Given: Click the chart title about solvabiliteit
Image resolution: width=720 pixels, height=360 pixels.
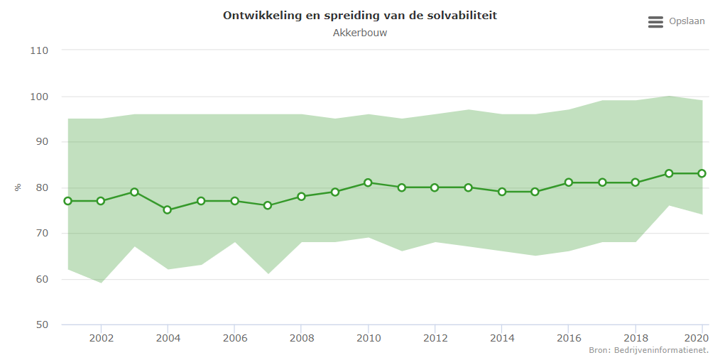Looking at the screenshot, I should click(x=359, y=15).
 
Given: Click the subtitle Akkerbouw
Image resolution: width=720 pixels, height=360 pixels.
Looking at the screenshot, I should click(x=359, y=33).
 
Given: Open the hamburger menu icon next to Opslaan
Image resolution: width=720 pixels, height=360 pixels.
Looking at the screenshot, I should click(x=655, y=22).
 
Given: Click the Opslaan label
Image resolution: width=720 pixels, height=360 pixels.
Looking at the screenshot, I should click(x=687, y=21).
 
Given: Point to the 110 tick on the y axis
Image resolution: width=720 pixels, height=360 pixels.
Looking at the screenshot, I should click(x=39, y=50).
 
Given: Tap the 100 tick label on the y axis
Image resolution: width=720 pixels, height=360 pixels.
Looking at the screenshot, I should click(x=39, y=97).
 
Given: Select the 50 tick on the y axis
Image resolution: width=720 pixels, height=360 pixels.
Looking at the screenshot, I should click(x=42, y=325).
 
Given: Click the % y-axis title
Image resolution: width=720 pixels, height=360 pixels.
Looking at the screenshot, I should click(x=18, y=187).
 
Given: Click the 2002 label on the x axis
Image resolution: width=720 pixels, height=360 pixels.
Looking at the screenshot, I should click(x=101, y=338).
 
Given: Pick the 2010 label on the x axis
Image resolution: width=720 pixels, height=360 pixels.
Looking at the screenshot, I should click(x=368, y=338).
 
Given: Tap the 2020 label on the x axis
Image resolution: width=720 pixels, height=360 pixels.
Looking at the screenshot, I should click(x=701, y=338).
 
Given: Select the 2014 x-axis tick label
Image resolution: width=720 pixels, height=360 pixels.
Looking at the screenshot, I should click(x=501, y=338).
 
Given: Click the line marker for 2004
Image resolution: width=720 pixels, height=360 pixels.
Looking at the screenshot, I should click(x=168, y=210).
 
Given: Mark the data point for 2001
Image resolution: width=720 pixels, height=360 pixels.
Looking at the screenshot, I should click(x=67, y=201).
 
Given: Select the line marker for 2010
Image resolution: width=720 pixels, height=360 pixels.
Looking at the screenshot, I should click(x=368, y=182).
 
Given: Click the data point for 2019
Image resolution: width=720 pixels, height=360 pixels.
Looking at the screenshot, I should click(x=669, y=173).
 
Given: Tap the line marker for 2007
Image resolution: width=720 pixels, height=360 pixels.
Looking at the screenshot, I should click(x=268, y=205).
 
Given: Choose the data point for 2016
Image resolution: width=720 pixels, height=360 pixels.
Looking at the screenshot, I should click(x=569, y=182).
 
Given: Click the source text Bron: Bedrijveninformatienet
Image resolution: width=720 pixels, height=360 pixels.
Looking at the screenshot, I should click(x=648, y=351).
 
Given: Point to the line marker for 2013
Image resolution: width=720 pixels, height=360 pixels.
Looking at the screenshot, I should click(x=469, y=187).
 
